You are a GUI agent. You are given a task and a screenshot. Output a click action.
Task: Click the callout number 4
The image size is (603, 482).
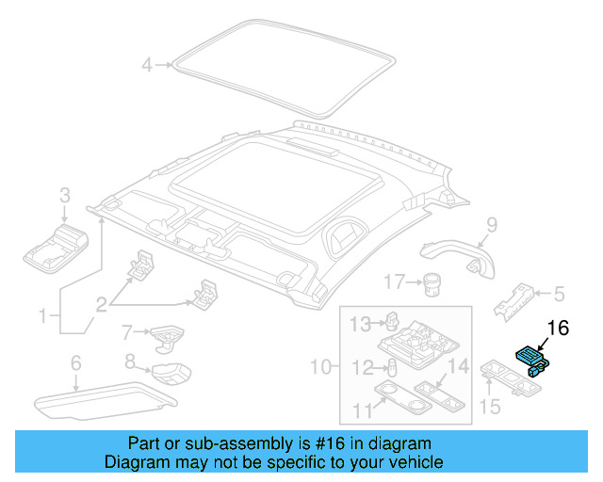point(146,65)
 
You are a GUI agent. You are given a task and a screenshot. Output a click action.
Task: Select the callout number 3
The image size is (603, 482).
point(65,196)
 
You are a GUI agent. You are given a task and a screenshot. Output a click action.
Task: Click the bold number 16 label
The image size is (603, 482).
point(558,328)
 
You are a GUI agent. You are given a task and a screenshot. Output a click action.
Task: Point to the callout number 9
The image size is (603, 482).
point(491,224)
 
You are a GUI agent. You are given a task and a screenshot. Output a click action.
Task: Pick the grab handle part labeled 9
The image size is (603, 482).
point(457,251)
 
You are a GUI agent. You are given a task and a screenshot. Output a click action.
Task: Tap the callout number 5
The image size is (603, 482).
point(558,294)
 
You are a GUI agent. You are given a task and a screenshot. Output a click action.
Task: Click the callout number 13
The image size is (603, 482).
point(361,325)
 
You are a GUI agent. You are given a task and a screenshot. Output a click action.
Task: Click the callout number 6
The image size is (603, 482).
point(75,362)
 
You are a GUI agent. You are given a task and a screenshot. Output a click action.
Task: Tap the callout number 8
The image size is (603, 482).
point(131,361)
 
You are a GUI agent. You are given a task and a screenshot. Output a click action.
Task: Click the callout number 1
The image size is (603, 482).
point(41,317)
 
